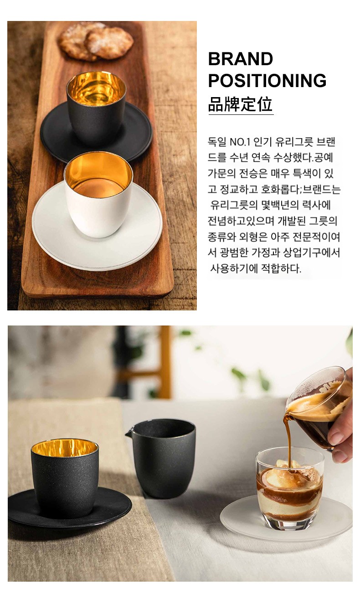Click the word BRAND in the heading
240,59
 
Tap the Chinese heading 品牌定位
240,104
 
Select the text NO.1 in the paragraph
239,142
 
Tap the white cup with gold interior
98,194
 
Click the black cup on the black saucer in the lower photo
65,478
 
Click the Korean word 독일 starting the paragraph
217,142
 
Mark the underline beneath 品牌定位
241,114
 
